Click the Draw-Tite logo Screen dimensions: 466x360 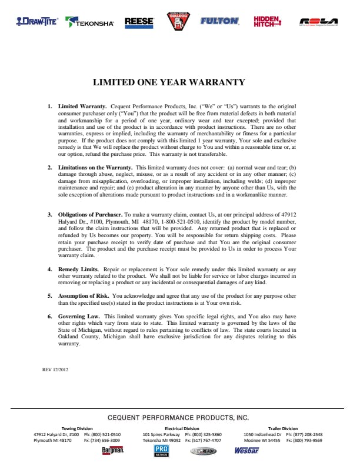click(37, 21)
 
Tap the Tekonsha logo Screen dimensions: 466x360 click(90, 22)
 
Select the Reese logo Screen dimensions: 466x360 click(139, 22)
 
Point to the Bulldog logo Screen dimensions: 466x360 click(176, 21)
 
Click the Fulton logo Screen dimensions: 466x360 click(219, 21)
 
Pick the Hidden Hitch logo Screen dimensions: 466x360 click(267, 22)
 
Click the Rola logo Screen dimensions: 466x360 click(318, 22)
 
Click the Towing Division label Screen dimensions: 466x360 click(77, 428)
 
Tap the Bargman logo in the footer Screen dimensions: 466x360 click(112, 451)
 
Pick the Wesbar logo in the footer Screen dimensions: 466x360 click(246, 451)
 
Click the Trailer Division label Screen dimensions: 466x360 click(283, 428)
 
